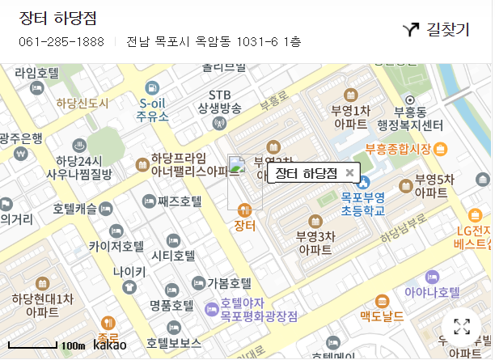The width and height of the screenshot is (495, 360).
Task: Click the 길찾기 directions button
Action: click(436, 30)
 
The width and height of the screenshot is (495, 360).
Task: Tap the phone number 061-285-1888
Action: click(61, 42)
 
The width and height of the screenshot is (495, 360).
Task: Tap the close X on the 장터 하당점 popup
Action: click(349, 172)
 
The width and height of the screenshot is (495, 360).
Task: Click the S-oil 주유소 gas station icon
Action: click(152, 87)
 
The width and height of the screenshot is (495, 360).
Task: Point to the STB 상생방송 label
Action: click(219, 101)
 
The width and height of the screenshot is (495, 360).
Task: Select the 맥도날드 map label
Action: click(382, 316)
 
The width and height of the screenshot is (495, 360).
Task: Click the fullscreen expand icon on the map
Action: click(462, 327)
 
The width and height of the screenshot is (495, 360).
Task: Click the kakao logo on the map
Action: click(110, 345)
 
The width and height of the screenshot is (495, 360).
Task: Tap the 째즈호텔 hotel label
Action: click(180, 201)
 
